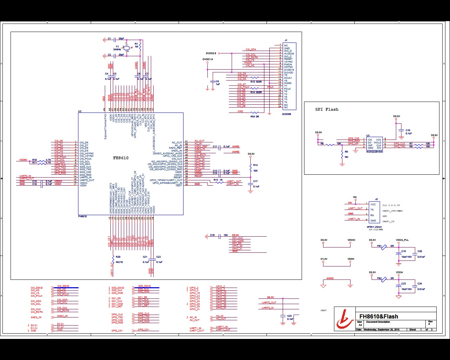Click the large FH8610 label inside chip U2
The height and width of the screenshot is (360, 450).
(121, 158)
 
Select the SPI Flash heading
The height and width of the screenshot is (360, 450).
(327, 109)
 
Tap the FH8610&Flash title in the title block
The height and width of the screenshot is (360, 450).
(379, 316)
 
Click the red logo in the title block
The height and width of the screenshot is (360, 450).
(345, 319)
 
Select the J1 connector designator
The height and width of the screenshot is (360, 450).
(286, 40)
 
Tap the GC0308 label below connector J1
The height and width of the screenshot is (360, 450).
(287, 114)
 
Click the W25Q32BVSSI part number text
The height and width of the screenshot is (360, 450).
(374, 152)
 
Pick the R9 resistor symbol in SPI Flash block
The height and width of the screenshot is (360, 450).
(342, 154)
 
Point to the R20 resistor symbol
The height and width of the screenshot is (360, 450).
(113, 259)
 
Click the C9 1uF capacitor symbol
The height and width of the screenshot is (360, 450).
(213, 82)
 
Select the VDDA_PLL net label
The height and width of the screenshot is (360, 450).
(402, 240)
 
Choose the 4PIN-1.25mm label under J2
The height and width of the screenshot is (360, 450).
(374, 227)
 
